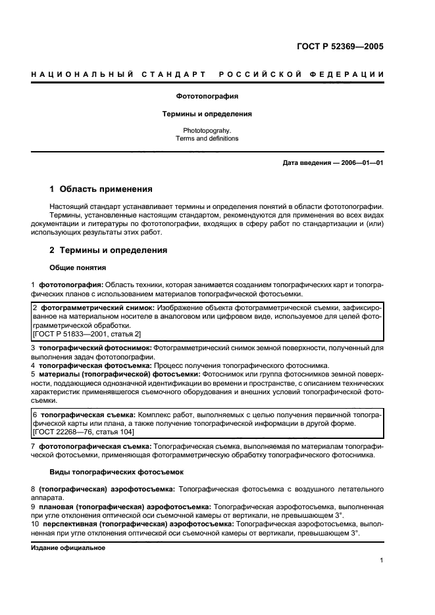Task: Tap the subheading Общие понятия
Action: (x=78, y=267)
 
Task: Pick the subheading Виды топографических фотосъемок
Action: (x=116, y=472)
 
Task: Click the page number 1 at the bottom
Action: (x=382, y=560)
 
